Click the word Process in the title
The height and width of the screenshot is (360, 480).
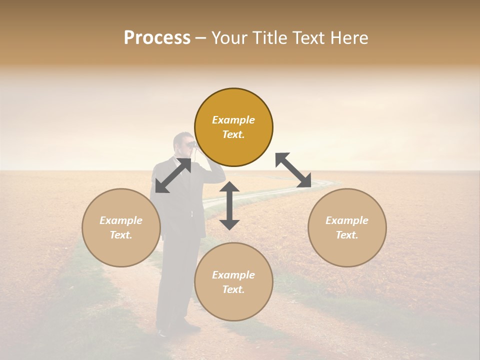click(157, 38)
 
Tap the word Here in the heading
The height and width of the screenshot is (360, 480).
click(348, 38)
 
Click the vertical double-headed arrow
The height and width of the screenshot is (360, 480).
click(229, 205)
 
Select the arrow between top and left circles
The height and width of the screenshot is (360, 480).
click(173, 175)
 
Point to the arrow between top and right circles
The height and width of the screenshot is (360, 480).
click(293, 170)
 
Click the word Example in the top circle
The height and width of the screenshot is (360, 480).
click(233, 120)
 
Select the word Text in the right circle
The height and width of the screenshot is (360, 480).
click(347, 235)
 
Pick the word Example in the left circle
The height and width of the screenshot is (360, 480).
click(121, 220)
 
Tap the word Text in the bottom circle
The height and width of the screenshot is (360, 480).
click(233, 289)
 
